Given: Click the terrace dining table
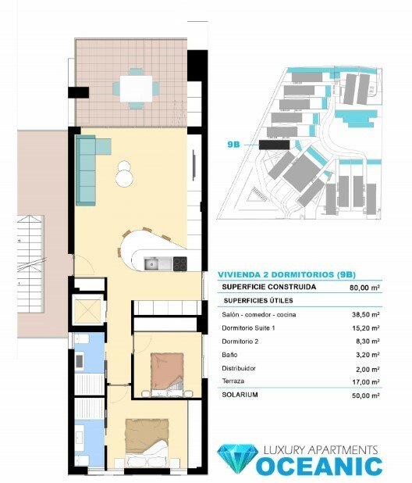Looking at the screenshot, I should point(137,87).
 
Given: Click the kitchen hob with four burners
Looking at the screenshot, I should point(179,263).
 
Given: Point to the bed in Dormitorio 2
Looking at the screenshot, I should point(166,370).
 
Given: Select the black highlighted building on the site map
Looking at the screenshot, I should point(274,145).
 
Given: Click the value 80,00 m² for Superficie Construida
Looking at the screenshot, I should point(364,287).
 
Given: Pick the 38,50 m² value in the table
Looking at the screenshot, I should point(365,314).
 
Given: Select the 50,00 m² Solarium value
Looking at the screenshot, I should point(365,395).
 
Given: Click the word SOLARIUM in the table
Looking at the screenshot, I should point(240,395).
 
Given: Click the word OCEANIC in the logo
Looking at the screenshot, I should point(320,467).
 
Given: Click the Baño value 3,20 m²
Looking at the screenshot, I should point(367,355).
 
